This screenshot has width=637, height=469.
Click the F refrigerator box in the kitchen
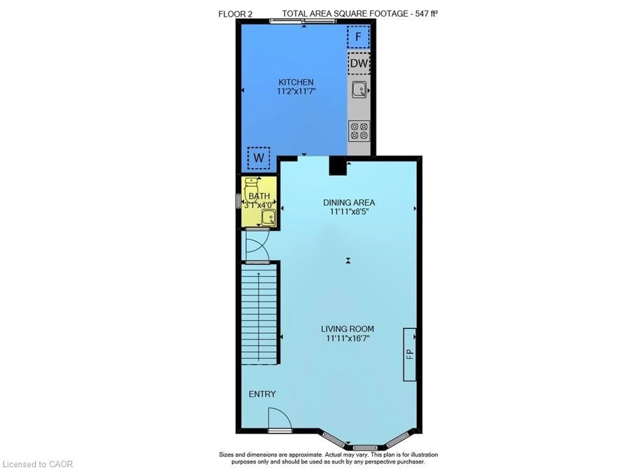point(358,37)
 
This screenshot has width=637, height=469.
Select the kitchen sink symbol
point(359,89)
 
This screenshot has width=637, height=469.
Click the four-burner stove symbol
point(359,131)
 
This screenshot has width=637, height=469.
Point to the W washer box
point(258,158)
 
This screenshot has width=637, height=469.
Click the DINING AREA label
point(349,203)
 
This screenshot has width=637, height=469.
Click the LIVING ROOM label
point(348,329)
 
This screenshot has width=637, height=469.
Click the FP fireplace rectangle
point(409,354)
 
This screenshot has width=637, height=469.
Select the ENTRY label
point(262,394)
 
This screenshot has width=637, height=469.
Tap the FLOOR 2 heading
point(235,14)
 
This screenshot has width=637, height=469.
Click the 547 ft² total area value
point(426,14)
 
